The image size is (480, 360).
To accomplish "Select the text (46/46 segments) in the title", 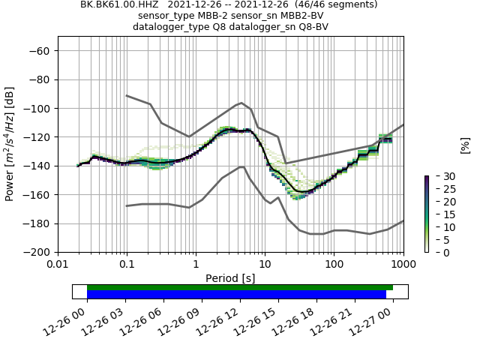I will (337, 4).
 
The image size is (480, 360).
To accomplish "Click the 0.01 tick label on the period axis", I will (58, 264).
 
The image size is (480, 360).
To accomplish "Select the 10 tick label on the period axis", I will (265, 264).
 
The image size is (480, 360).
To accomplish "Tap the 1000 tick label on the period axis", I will (403, 264).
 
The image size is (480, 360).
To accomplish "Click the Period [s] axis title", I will (230, 278).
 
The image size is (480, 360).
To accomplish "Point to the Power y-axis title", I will (10, 144).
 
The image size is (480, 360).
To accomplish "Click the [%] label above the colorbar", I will (465, 145).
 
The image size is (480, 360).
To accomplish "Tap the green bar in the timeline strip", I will (240, 287).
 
